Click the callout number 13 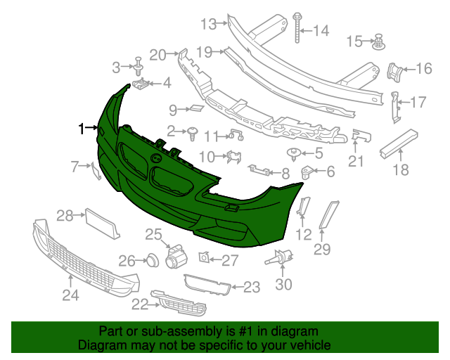pos(209,25)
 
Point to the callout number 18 pos(400,169)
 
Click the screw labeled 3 pos(139,67)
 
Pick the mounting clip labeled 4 pos(142,85)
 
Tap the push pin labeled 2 pos(191,131)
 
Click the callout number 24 pos(70,296)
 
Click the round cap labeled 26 pos(150,261)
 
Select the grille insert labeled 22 pos(179,304)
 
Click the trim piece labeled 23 pos(207,283)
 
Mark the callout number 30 pos(283,285)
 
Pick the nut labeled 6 pos(307,171)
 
